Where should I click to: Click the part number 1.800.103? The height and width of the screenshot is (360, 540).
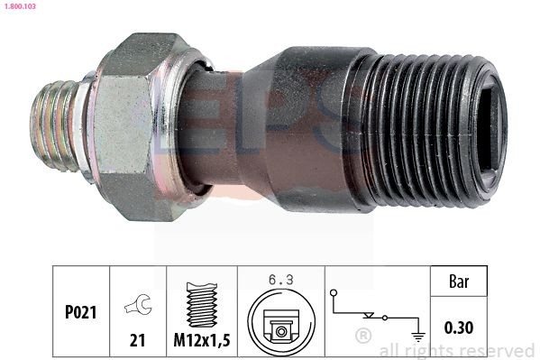(x=20, y=5)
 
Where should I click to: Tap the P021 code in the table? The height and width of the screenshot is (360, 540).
(x=81, y=312)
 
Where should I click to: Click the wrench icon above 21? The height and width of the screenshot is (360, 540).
(x=138, y=304)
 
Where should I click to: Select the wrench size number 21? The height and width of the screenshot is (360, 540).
(x=137, y=340)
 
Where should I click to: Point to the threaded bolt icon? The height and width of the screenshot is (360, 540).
(x=202, y=304)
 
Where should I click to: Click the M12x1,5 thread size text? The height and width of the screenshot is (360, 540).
(x=202, y=340)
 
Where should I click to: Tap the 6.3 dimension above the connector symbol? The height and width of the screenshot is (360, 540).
(x=281, y=280)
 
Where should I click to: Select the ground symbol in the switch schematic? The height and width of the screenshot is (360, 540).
(x=418, y=337)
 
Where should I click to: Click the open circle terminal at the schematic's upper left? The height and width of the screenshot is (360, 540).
(x=333, y=292)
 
